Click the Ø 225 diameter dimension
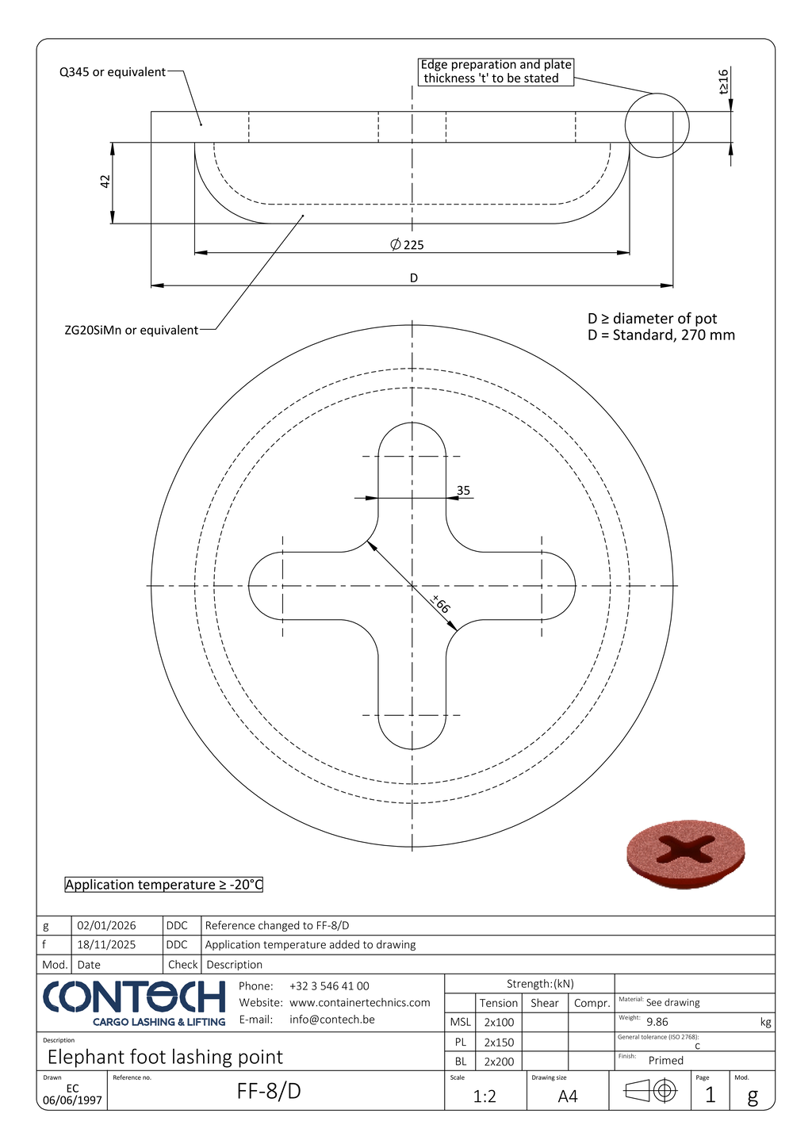tap(408, 245)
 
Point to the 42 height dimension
tap(105, 182)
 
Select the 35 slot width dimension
tap(463, 491)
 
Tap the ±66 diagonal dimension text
tap(441, 604)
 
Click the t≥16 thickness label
tap(723, 82)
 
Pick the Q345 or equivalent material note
tap(113, 72)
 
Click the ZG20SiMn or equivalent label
tap(132, 330)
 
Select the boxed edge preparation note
tap(496, 71)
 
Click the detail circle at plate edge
tap(657, 125)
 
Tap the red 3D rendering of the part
tap(686, 854)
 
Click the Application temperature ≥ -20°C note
tap(163, 885)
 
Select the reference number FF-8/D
tap(269, 1092)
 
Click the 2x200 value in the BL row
tap(499, 1062)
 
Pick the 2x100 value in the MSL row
tap(499, 1023)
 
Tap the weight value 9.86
tap(657, 1023)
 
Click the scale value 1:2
tap(485, 1096)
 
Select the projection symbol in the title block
tap(650, 1092)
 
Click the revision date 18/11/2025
tap(106, 945)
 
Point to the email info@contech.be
tap(332, 1020)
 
